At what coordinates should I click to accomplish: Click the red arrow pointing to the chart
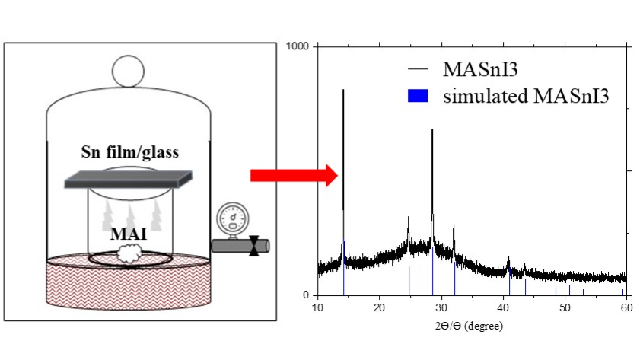pos(294,176)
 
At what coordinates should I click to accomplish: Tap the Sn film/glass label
pos(130,151)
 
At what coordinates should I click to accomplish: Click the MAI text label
pos(129,234)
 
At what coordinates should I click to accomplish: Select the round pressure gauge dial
pos(233,218)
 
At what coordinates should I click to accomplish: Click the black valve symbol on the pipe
pos(254,246)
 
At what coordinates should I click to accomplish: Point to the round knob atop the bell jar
pos(128,71)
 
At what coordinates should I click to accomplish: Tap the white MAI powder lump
pos(129,253)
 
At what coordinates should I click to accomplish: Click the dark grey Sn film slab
pos(128,180)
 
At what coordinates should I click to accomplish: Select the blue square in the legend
pos(418,96)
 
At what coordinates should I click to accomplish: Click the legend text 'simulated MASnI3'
pos(526,96)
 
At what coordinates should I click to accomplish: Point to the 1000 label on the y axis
pos(297,46)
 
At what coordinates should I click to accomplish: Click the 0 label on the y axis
pos(306,295)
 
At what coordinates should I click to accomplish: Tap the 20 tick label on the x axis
pos(379,307)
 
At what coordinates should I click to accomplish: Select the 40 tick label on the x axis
pos(503,307)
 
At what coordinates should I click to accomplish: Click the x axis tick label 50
pos(565,307)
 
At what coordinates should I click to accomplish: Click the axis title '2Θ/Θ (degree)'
pos(469,326)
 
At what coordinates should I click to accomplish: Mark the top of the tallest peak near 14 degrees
pos(343,90)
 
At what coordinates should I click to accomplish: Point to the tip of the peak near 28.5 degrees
pos(432,129)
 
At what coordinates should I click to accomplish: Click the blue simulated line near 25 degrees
pos(409,281)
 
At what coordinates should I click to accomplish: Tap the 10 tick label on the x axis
pos(317,307)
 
